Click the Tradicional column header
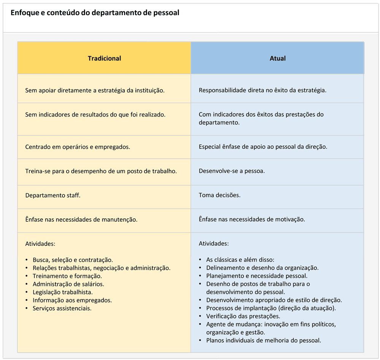point(104,58)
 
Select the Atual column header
point(277,58)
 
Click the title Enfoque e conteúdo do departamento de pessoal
point(95,13)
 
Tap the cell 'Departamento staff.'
point(53,196)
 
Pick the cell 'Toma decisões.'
point(220,196)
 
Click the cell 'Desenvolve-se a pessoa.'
point(232,171)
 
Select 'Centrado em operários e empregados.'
point(78,147)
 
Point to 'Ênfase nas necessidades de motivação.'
point(252,219)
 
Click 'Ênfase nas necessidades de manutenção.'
point(81,219)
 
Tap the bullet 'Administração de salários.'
point(68,284)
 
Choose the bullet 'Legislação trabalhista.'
point(63,292)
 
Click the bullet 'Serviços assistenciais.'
point(62,308)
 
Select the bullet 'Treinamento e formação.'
point(67,276)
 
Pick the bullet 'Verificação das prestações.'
point(243,316)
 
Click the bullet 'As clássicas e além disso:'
point(240,260)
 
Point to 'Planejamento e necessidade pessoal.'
point(257,276)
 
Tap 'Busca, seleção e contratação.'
point(73,260)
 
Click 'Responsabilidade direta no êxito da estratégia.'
point(263,90)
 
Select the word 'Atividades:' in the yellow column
point(40,243)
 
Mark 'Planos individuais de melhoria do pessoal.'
point(264,340)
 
